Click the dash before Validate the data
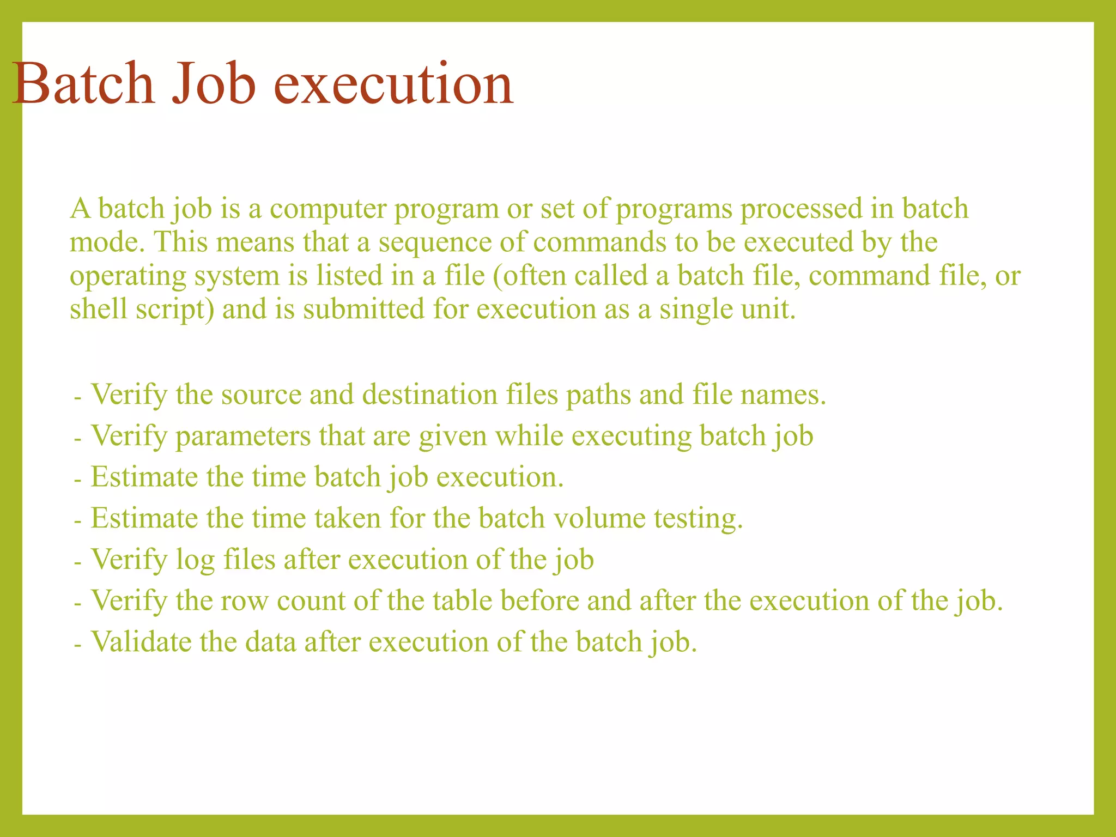(x=78, y=644)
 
